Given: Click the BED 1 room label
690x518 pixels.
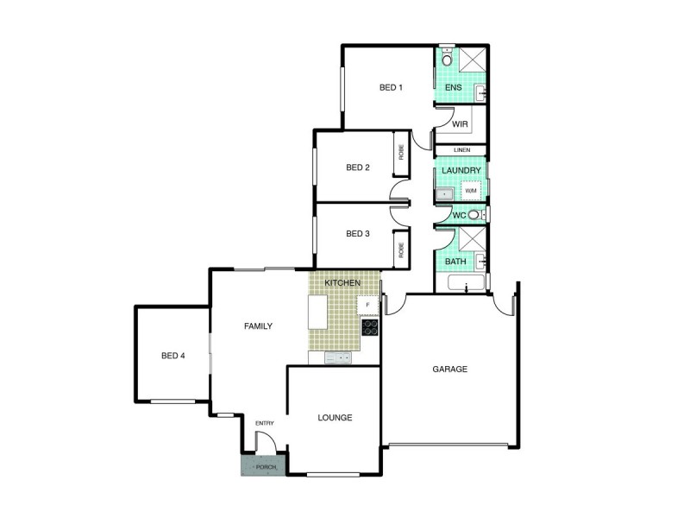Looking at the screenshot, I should click(392, 87).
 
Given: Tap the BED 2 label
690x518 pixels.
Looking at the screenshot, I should click(358, 167).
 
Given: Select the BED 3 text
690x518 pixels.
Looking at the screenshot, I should click(358, 233).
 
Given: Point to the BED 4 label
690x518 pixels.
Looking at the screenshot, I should click(173, 356).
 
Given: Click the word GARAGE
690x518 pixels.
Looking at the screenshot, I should click(449, 369).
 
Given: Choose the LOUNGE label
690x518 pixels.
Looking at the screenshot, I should click(335, 418).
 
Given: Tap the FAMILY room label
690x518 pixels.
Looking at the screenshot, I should click(258, 326).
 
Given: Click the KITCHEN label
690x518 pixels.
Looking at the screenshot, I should click(342, 283).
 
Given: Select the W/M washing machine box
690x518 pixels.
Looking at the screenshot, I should click(471, 190).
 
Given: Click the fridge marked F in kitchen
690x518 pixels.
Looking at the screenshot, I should click(368, 305).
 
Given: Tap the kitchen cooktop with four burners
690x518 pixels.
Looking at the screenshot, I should click(369, 327).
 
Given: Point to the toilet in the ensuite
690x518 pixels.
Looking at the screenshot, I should click(446, 59).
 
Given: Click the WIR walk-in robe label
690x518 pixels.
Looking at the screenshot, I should click(460, 124).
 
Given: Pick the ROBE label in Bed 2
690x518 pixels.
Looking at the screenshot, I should click(401, 152).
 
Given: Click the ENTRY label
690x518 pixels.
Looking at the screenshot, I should click(264, 422).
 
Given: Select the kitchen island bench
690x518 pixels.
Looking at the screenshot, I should click(318, 312).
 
